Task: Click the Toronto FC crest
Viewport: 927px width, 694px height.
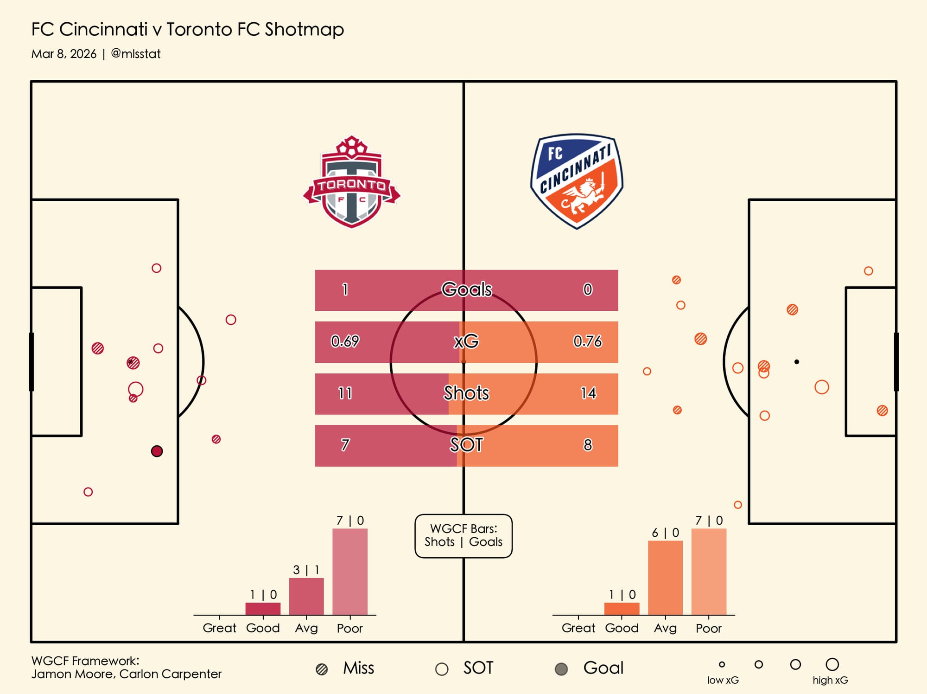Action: (351, 182)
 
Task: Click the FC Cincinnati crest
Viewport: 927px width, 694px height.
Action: (577, 181)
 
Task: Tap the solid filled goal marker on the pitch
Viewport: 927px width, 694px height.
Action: (157, 451)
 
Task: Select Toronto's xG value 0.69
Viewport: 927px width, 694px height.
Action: (345, 341)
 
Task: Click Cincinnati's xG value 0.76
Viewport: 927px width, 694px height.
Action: (587, 341)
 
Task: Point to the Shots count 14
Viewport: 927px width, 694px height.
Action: (588, 393)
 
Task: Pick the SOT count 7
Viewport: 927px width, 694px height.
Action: (345, 445)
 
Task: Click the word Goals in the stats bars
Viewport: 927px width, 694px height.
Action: (466, 289)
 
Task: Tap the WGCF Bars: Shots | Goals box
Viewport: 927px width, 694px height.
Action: (463, 535)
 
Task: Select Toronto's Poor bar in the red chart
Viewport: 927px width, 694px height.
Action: (350, 572)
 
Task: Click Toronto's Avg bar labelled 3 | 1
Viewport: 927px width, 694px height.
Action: (306, 596)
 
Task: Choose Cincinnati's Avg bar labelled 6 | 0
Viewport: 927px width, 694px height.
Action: (665, 578)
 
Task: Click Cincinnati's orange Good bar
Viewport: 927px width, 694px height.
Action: (622, 609)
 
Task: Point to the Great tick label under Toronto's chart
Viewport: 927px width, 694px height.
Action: (219, 628)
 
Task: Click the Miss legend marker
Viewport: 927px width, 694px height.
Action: (322, 669)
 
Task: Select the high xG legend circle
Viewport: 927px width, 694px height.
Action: (832, 664)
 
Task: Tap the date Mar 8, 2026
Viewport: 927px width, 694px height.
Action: (64, 54)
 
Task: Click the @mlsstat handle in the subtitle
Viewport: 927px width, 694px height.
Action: (136, 54)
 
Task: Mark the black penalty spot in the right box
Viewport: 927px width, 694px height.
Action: (796, 362)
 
